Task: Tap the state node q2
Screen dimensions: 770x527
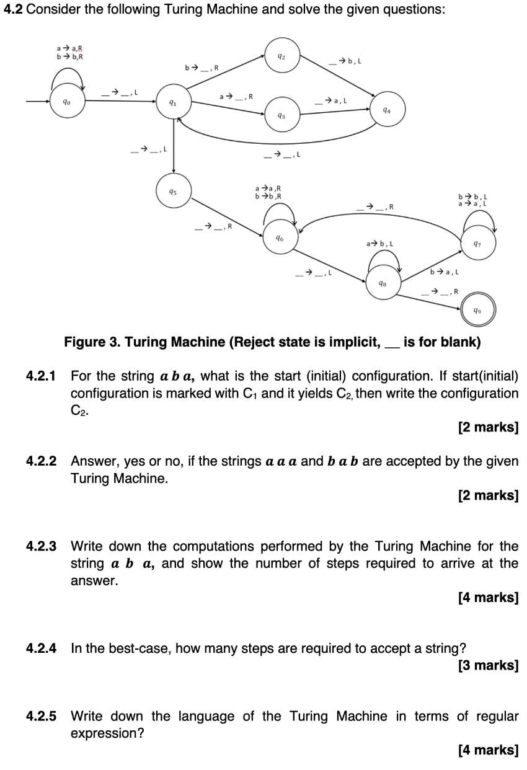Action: click(281, 53)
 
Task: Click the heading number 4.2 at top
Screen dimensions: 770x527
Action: click(14, 12)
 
